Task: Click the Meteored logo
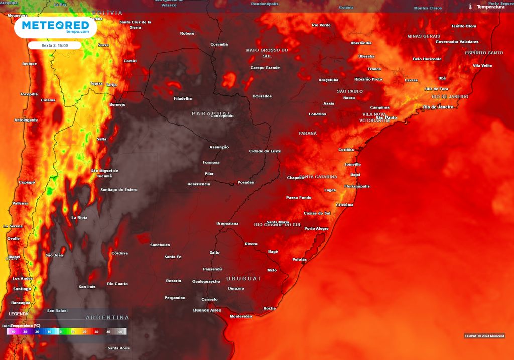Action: point(55,27)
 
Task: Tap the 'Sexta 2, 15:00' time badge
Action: point(54,45)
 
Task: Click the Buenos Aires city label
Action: point(207,310)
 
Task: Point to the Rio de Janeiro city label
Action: point(438,107)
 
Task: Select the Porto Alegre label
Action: point(316,229)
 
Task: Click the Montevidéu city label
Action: point(240,317)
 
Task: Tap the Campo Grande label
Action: point(265,68)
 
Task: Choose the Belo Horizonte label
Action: point(427,59)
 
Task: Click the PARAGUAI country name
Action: point(211,113)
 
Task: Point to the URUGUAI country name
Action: point(243,278)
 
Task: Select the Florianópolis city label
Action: point(357,186)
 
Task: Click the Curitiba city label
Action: point(346,150)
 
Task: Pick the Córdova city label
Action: point(120,253)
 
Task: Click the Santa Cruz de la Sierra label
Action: point(136,25)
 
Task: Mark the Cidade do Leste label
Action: point(265,151)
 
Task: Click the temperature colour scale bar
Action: point(67,332)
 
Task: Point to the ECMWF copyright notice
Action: point(484,336)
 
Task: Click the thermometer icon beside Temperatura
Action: point(470,7)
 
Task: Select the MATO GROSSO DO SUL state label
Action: point(267,53)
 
